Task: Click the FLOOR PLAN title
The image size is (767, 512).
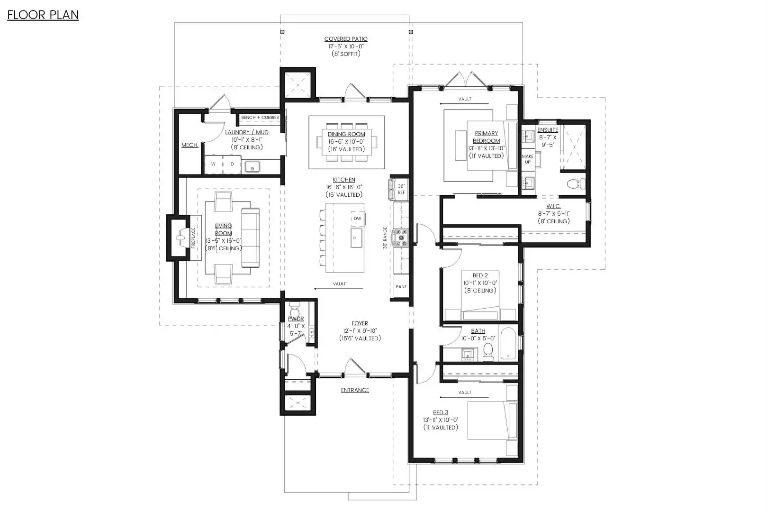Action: [x=43, y=15]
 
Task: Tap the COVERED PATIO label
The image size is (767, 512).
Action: [x=346, y=39]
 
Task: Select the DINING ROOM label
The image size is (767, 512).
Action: [x=346, y=134]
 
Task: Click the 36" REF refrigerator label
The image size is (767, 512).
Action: [x=401, y=189]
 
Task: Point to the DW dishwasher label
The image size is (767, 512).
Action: [x=357, y=219]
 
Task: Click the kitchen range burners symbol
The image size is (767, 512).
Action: [x=400, y=238]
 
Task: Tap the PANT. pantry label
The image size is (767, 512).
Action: [x=401, y=286]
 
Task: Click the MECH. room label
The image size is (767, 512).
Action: [x=189, y=145]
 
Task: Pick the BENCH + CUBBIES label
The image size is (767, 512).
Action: [x=260, y=118]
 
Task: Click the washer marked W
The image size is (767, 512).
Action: [x=213, y=164]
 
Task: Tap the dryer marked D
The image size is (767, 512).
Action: [x=232, y=164]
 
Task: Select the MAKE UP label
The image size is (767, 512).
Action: [x=528, y=159]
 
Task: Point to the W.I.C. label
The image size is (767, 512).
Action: [x=554, y=206]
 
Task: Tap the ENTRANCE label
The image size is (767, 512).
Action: [x=355, y=390]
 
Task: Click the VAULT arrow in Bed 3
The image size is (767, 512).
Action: [x=464, y=398]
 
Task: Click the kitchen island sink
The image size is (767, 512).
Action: [x=356, y=238]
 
